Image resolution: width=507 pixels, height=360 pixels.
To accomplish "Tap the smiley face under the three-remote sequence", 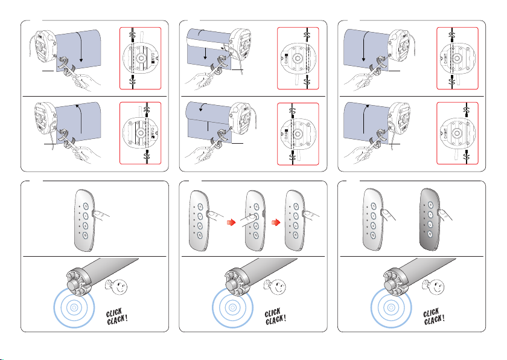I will [275, 284].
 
